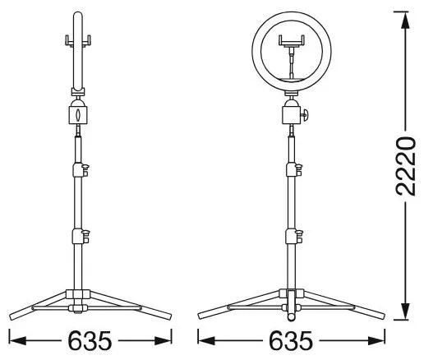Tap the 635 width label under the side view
90,339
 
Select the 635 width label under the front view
291,339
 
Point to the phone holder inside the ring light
292,42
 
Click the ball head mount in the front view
293,110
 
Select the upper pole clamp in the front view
293,170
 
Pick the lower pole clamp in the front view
293,238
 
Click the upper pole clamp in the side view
81,170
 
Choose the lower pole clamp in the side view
81,238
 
